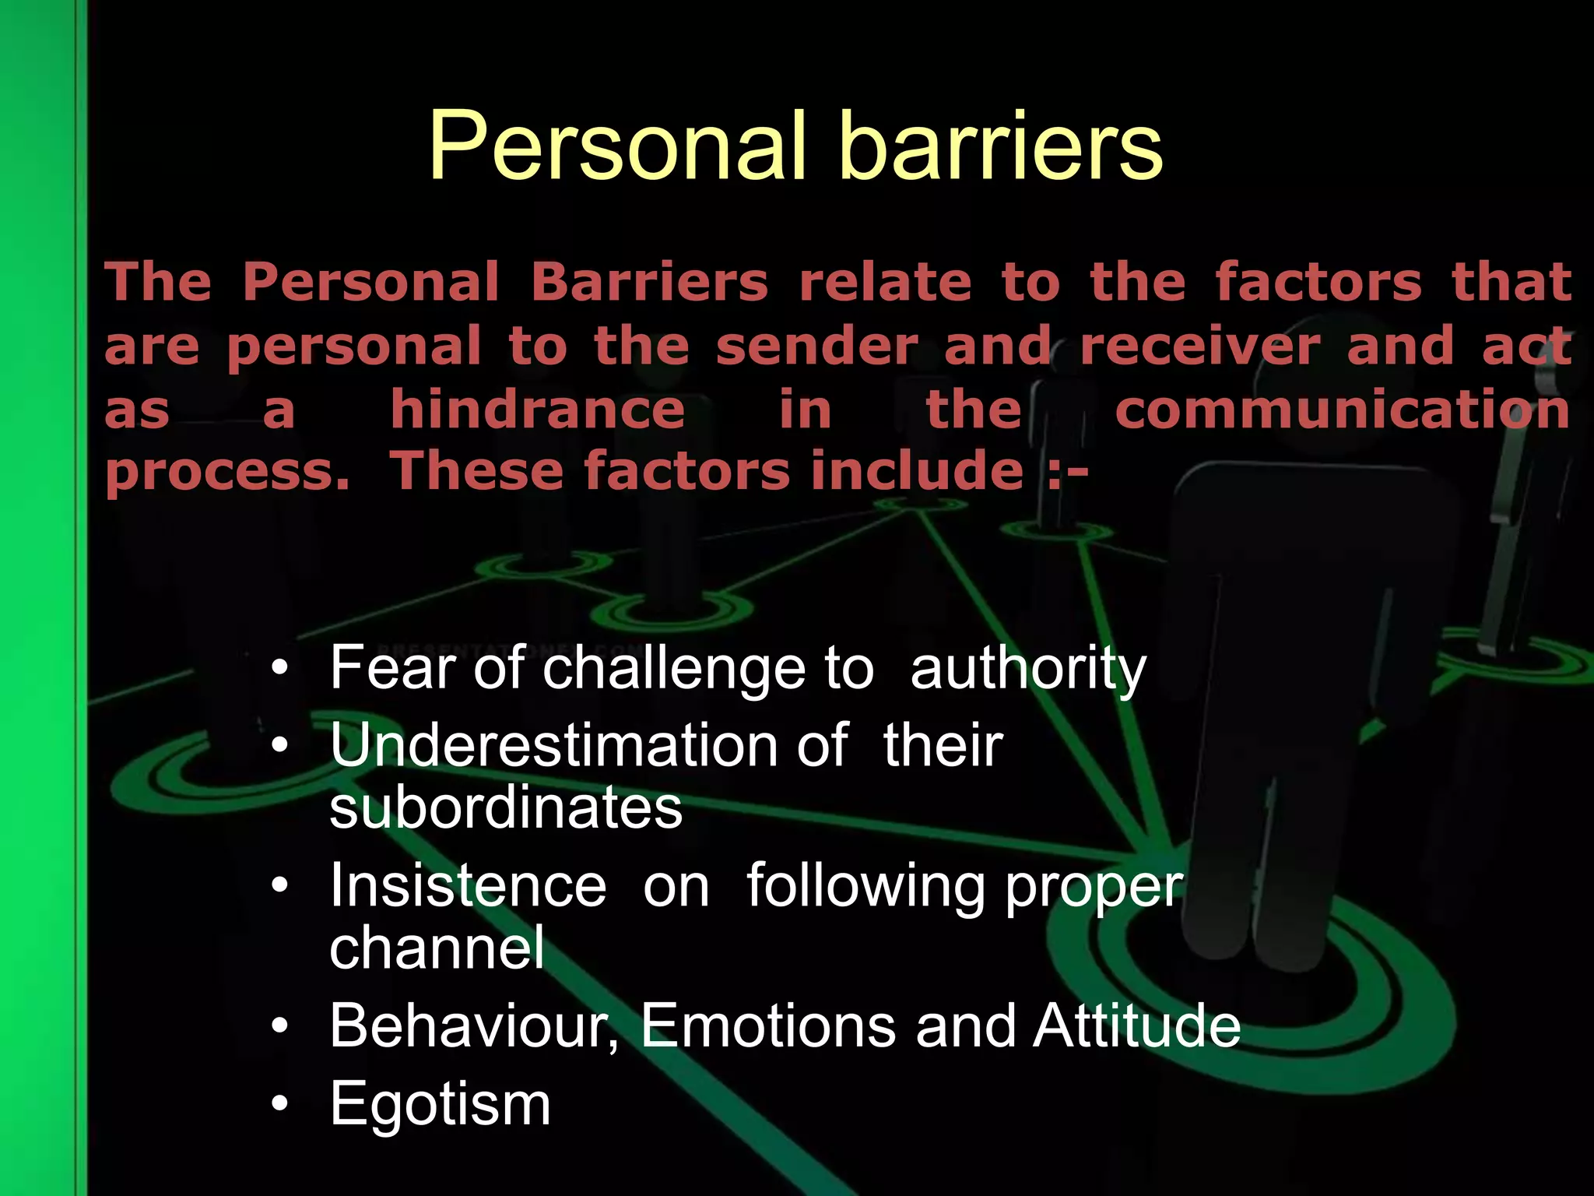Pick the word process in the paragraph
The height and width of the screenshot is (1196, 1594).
coord(226,473)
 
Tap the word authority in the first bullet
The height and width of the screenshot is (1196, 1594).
coord(1027,668)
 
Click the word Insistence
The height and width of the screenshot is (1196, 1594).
coord(468,885)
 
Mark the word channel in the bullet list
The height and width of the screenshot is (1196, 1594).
coord(437,948)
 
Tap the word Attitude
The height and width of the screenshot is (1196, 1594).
coord(1137,1025)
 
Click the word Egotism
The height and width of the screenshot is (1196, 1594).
coord(440,1103)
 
